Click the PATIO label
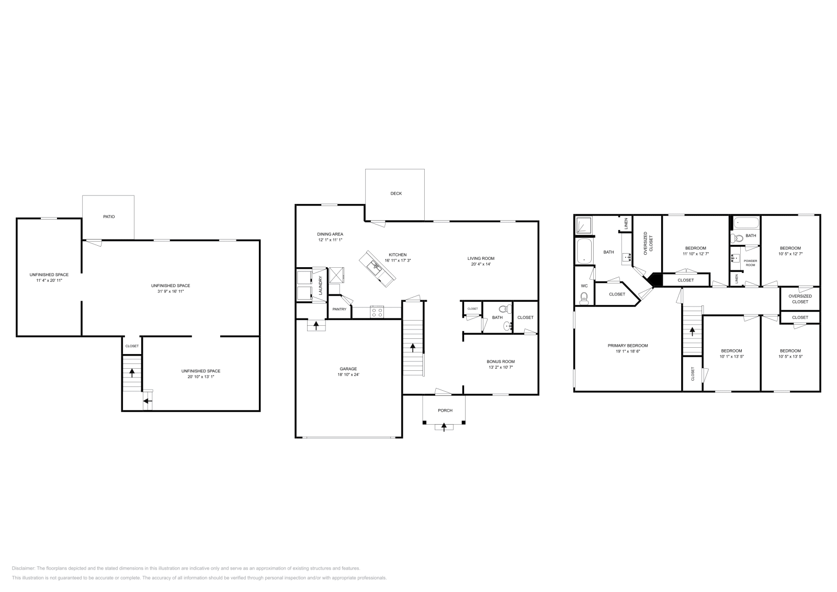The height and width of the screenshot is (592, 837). click(x=109, y=217)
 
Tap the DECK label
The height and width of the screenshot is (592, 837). click(x=396, y=193)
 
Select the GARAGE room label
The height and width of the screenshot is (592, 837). click(x=348, y=369)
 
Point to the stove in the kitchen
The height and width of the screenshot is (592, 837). click(x=377, y=312)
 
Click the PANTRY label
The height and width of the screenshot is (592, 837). click(x=339, y=309)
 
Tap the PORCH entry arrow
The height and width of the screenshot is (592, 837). click(x=444, y=427)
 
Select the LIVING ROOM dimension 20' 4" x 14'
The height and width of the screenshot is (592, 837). click(x=480, y=264)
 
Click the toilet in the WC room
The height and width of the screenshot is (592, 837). click(x=584, y=298)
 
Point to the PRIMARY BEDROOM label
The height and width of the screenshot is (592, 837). click(x=627, y=346)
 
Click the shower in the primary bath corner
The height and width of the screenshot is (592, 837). click(x=583, y=225)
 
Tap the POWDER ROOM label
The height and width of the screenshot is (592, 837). click(x=750, y=263)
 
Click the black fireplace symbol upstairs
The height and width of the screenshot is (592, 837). click(x=654, y=280)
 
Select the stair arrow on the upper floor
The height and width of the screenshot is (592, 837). click(x=692, y=331)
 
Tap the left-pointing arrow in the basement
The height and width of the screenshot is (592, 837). click(x=148, y=401)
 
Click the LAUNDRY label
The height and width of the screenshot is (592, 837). click(x=320, y=286)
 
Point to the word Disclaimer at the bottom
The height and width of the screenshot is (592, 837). click(x=23, y=568)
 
